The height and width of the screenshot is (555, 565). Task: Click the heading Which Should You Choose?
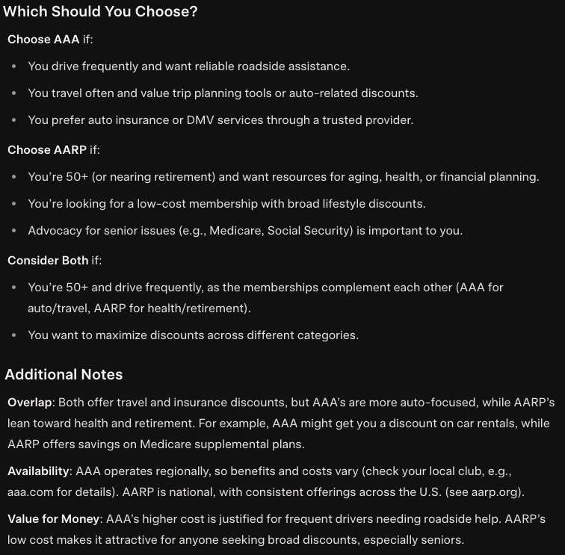pyautogui.click(x=100, y=12)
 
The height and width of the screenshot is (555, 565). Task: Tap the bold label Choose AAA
pyautogui.click(x=43, y=40)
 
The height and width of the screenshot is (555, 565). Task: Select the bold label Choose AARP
pyautogui.click(x=47, y=150)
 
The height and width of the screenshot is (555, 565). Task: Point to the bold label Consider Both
pyautogui.click(x=48, y=260)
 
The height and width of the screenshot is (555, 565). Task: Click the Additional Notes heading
pyautogui.click(x=64, y=374)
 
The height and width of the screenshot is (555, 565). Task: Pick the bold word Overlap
pyautogui.click(x=30, y=403)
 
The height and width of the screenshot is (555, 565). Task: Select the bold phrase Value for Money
pyautogui.click(x=53, y=519)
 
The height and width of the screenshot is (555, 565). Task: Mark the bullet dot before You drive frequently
pyautogui.click(x=14, y=66)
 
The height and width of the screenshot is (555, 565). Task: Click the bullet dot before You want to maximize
pyautogui.click(x=14, y=335)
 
